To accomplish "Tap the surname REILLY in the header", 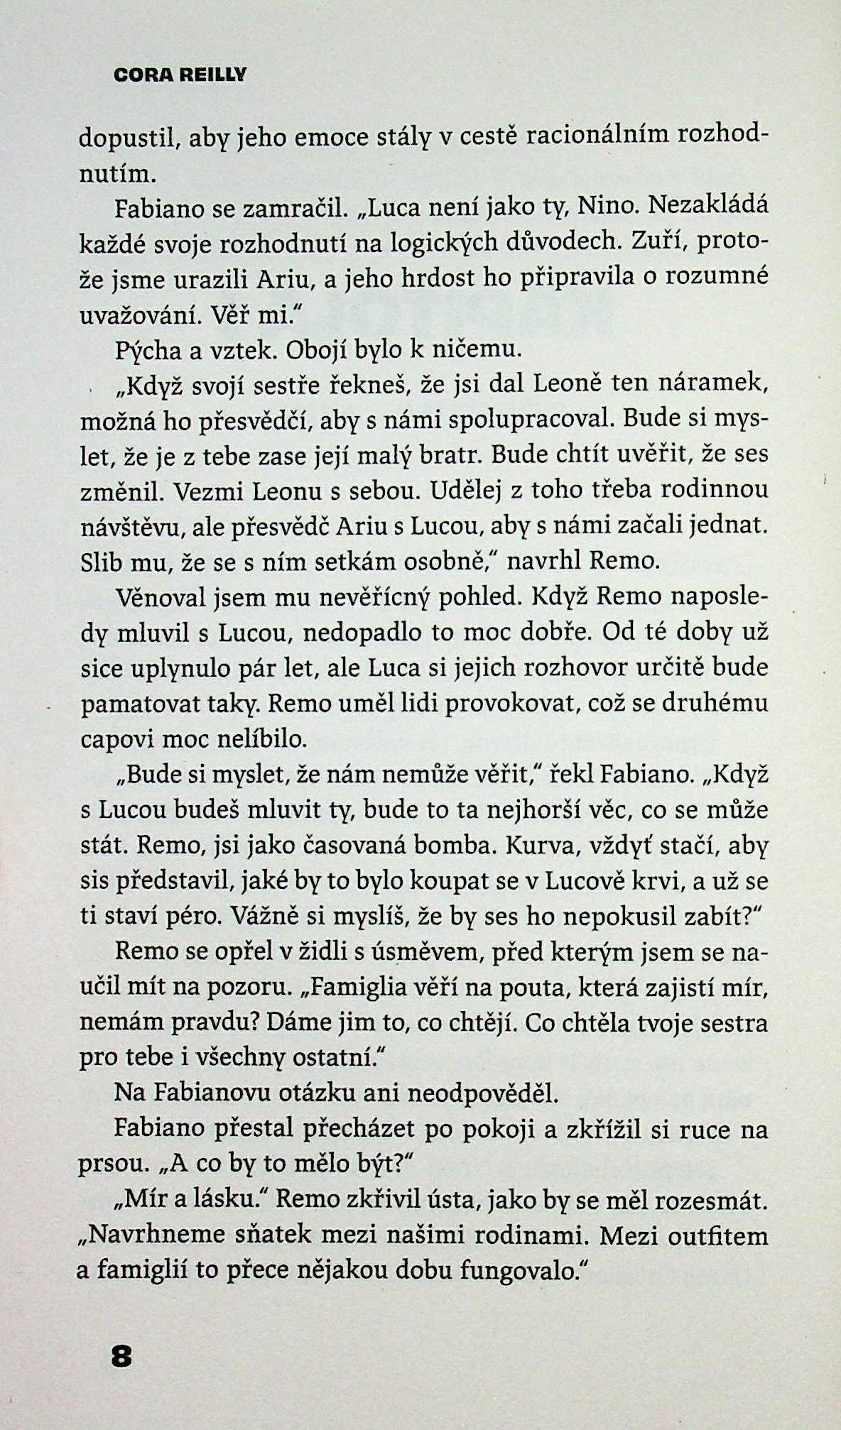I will pos(210,75).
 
